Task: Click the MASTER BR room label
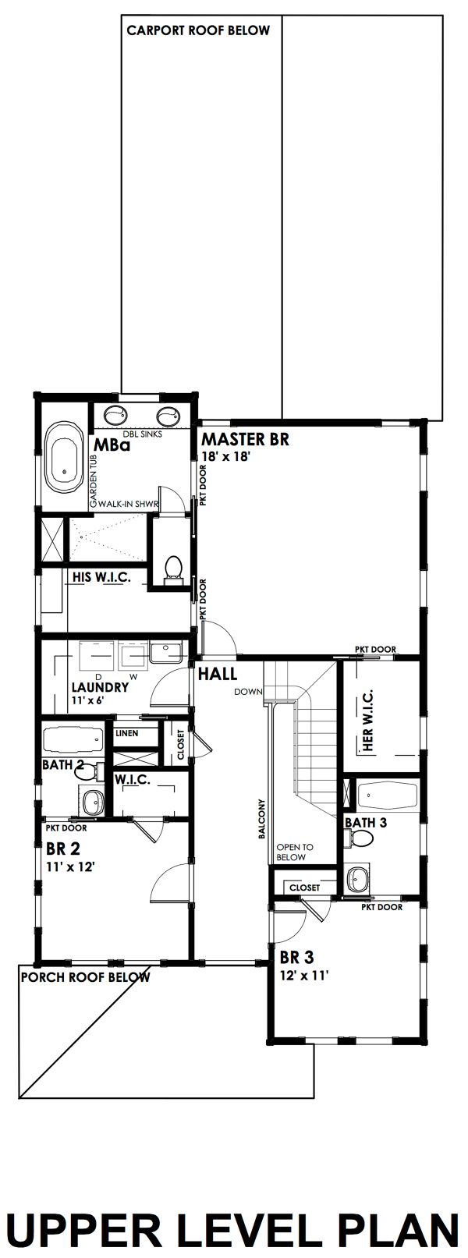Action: pyautogui.click(x=245, y=439)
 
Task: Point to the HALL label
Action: pyautogui.click(x=218, y=674)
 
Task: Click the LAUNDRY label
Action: pyautogui.click(x=99, y=688)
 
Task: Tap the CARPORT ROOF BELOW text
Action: pyautogui.click(x=198, y=30)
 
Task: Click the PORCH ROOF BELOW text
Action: pyautogui.click(x=85, y=976)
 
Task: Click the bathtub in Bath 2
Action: pyautogui.click(x=73, y=738)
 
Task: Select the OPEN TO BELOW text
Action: pyautogui.click(x=295, y=852)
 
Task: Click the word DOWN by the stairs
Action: pyautogui.click(x=248, y=692)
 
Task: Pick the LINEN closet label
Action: pyautogui.click(x=126, y=733)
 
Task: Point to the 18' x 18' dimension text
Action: pyautogui.click(x=225, y=457)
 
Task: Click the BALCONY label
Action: pyautogui.click(x=263, y=819)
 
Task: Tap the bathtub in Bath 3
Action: pyautogui.click(x=384, y=796)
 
